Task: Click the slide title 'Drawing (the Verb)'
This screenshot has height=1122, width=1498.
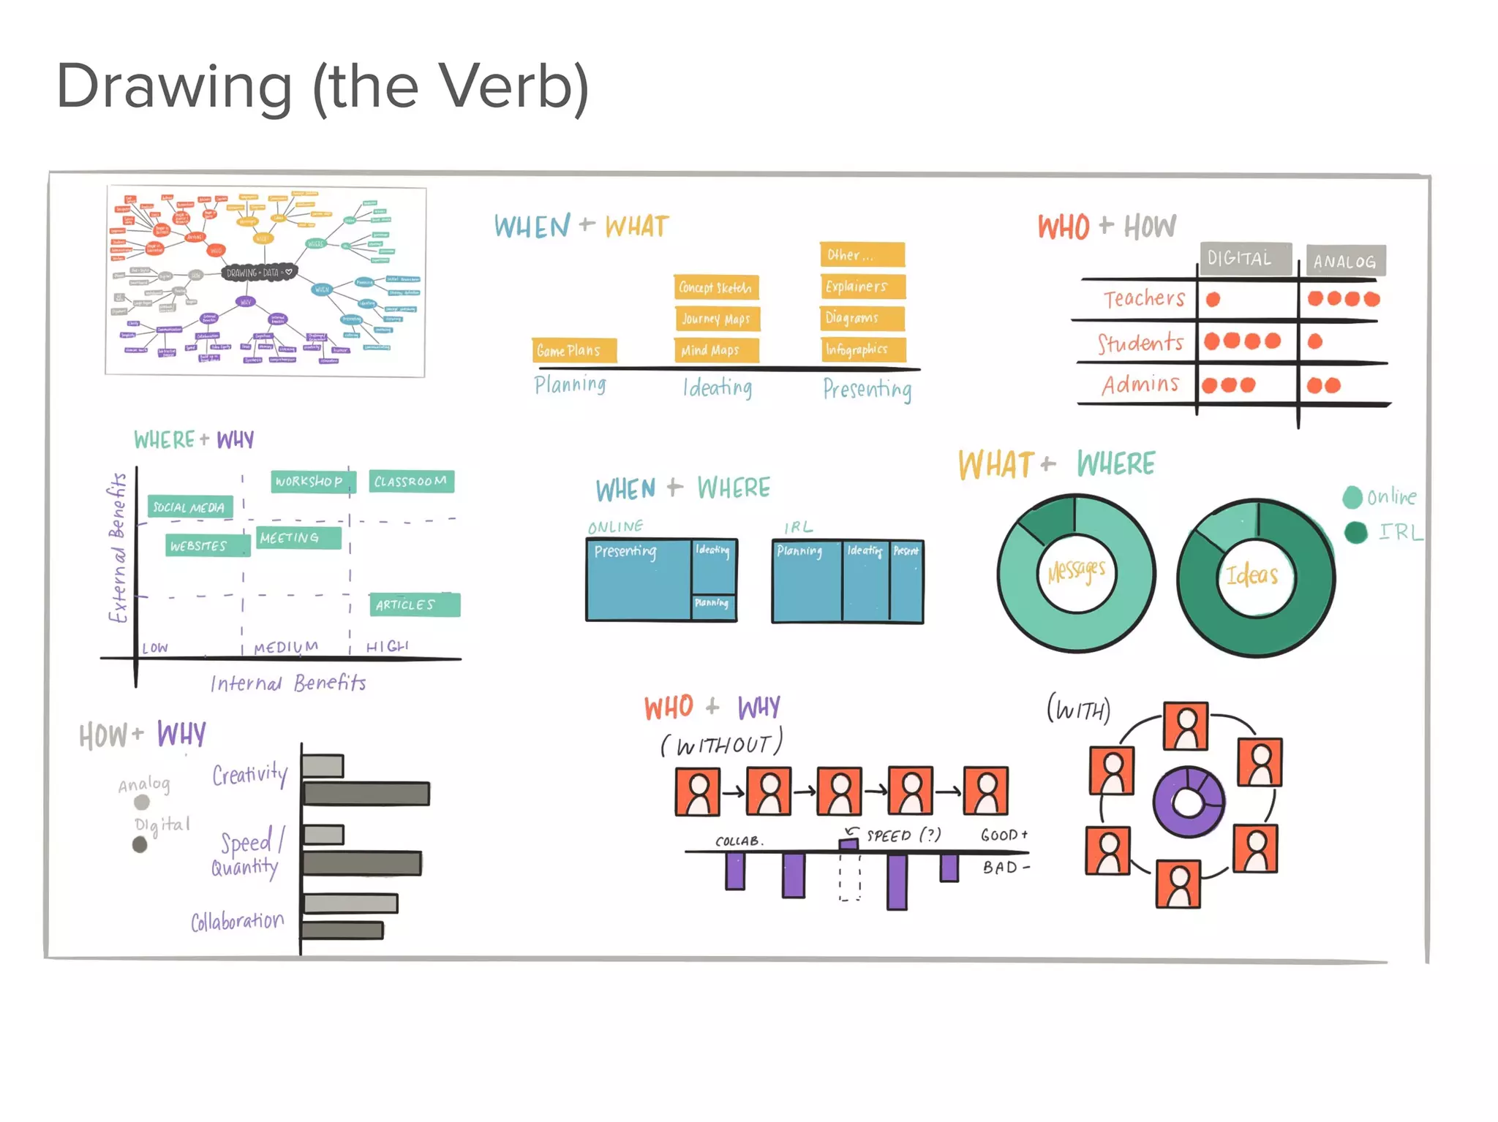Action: (x=322, y=86)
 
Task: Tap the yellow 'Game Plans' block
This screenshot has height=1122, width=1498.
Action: (x=573, y=351)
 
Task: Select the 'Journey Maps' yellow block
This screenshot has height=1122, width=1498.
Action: (x=716, y=319)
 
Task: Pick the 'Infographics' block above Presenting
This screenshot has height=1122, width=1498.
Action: (x=862, y=349)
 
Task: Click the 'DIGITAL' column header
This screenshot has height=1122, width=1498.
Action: (x=1244, y=259)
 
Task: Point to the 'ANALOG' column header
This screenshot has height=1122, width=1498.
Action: (x=1344, y=261)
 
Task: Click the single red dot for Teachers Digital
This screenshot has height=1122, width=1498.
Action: (x=1213, y=299)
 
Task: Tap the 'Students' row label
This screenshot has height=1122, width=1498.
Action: (x=1140, y=342)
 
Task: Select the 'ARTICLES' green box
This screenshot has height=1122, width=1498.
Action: (x=413, y=604)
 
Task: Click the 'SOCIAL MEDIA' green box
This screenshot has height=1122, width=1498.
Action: (x=189, y=507)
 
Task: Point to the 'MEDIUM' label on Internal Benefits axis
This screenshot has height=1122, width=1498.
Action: (x=286, y=647)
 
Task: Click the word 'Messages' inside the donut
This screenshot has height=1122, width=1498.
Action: (x=1076, y=571)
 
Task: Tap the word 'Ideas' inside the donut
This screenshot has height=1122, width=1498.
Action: (x=1252, y=575)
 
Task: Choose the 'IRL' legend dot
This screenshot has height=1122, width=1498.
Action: (x=1355, y=532)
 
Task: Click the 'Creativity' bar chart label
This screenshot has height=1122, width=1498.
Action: (x=250, y=773)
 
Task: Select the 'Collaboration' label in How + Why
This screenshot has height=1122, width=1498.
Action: (x=237, y=921)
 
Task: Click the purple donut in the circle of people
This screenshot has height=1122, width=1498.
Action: (x=1188, y=802)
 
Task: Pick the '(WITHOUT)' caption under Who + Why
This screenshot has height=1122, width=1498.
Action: (x=721, y=744)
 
